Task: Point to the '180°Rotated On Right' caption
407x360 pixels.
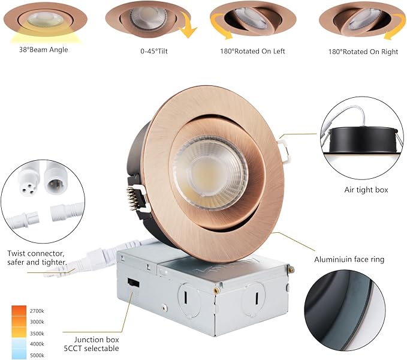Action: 363,52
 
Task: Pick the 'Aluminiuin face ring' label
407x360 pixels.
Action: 349,259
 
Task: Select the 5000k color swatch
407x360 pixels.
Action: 19,355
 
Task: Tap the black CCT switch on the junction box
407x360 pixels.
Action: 134,283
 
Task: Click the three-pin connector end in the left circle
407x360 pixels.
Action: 25,180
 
